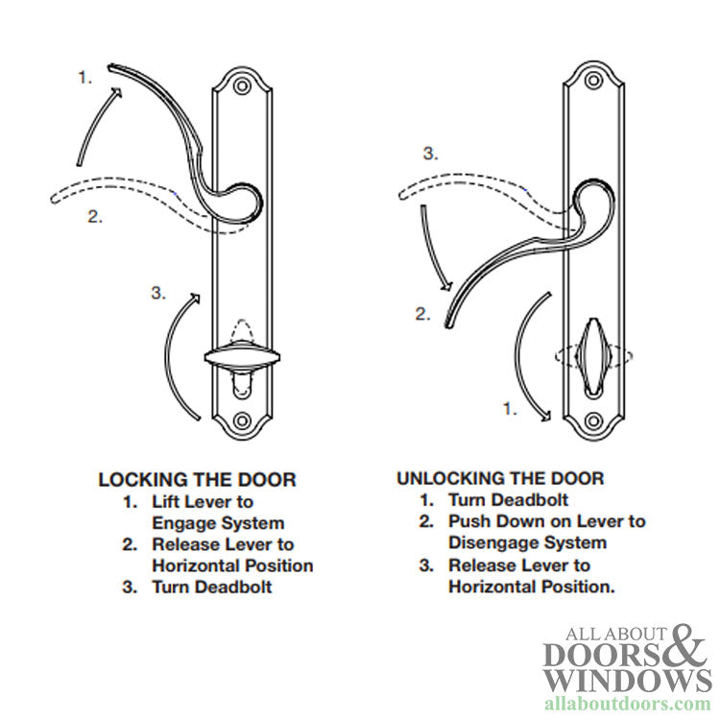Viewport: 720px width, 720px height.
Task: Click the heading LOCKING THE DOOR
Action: pos(197,479)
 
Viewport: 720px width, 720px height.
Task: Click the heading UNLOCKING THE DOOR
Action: pos(500,478)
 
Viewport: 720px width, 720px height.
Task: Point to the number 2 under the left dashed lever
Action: pos(95,216)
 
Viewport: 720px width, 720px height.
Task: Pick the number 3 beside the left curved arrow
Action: pos(159,293)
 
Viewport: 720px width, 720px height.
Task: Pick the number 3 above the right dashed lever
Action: pos(431,154)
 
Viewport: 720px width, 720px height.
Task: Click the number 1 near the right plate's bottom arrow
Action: pos(511,408)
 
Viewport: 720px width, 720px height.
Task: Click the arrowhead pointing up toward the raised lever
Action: pos(118,92)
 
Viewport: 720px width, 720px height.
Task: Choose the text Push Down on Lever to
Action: pos(546,521)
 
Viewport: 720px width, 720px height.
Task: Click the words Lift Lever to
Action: pos(203,501)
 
